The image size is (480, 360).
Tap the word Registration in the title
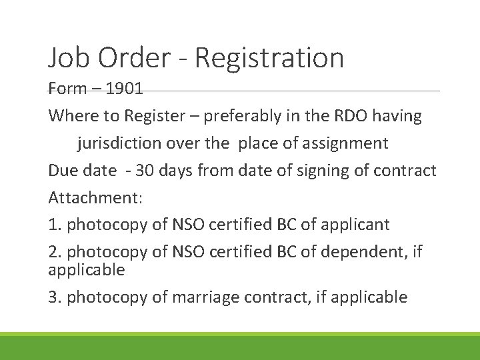point(269,58)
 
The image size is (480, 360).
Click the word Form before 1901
point(66,89)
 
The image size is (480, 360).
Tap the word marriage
point(203,297)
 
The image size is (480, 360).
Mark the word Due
point(63,170)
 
